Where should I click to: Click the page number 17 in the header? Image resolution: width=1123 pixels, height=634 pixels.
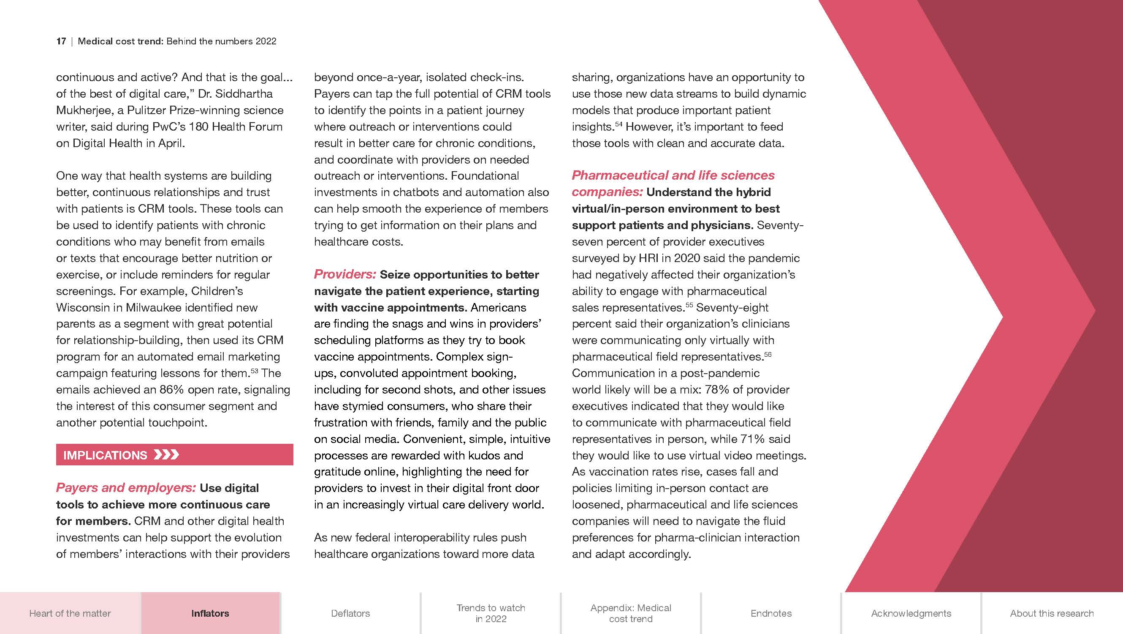point(61,41)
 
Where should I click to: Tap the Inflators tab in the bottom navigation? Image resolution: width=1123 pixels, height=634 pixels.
point(210,613)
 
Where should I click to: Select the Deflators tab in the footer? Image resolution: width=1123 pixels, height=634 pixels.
point(350,613)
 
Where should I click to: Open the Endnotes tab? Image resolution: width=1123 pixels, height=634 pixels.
point(771,613)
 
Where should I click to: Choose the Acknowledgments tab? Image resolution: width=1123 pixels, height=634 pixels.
point(911,613)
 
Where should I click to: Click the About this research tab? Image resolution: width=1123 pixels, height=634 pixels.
point(1052,613)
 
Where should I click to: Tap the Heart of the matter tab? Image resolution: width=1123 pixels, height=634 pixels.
point(70,613)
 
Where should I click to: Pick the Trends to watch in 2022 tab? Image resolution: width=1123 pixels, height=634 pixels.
point(491,613)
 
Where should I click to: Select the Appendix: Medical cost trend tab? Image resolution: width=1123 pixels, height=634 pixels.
point(630,613)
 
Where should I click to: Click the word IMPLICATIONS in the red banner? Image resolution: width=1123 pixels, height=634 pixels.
point(105,455)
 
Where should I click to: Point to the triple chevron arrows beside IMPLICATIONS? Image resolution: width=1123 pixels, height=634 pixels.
point(166,455)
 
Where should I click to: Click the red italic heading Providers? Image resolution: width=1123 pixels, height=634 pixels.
point(345,274)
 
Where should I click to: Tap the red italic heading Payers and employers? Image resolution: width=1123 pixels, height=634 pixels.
point(125,488)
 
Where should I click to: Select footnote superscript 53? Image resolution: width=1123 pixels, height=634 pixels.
point(254,370)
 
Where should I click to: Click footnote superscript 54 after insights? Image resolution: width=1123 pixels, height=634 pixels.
point(618,124)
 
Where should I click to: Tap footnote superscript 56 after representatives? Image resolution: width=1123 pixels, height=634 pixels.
point(768,354)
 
